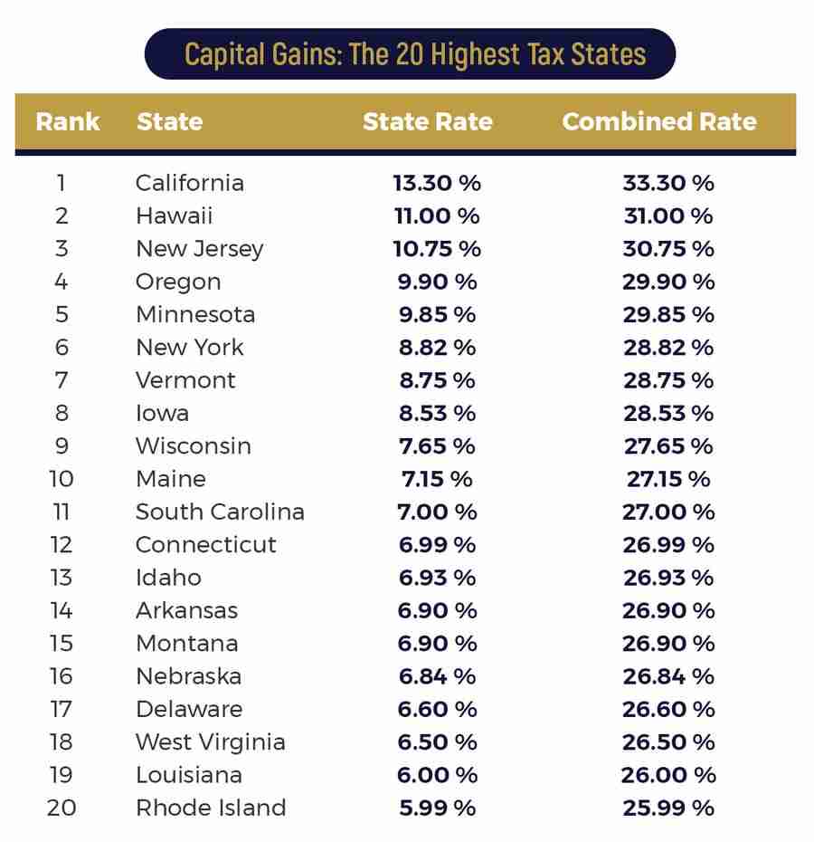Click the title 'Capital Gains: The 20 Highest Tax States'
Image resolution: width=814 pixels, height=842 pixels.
[414, 53]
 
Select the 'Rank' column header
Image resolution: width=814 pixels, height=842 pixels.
[68, 121]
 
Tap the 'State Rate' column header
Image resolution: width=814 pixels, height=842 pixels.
[427, 121]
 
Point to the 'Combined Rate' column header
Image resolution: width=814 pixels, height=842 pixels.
[658, 121]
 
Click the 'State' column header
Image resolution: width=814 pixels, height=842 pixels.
[169, 121]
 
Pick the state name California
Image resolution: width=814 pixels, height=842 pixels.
[190, 183]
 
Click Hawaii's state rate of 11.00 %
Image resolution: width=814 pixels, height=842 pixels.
[437, 215]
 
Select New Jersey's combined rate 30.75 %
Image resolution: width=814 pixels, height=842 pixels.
[667, 249]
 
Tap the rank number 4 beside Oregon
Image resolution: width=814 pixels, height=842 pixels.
[61, 282]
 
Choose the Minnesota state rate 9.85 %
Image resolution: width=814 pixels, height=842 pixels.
[437, 314]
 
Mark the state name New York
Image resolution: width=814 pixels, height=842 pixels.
[190, 348]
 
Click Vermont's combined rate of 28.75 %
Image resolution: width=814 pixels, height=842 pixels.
[667, 380]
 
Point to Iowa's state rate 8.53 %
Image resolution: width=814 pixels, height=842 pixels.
[437, 413]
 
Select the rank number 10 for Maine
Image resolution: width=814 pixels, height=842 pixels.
[61, 479]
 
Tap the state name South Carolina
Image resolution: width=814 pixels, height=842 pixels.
[220, 512]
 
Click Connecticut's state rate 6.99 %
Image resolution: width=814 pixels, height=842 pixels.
[437, 545]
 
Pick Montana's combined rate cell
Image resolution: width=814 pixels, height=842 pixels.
[667, 644]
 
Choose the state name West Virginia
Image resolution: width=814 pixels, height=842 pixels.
[210, 742]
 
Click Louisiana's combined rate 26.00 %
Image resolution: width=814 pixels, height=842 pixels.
[667, 775]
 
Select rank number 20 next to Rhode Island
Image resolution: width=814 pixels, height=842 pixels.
[61, 808]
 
